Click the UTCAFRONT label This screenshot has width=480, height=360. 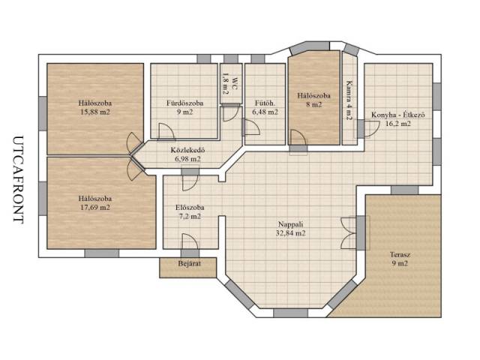(18, 180)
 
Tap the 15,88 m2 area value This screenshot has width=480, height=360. (95, 112)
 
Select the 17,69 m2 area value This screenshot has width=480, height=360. (95, 208)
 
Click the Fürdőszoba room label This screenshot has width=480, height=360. (185, 103)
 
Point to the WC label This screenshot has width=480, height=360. (235, 84)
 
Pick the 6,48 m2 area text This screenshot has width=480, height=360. (265, 112)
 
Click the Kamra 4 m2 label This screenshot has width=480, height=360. (349, 100)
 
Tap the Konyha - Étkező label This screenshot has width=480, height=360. (398, 115)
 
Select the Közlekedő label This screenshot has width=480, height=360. (187, 150)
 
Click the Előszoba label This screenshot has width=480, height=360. (190, 208)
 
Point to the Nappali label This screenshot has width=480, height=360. (290, 224)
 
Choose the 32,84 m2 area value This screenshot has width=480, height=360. (290, 233)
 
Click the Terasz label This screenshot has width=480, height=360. (400, 254)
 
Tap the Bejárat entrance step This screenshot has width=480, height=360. (188, 268)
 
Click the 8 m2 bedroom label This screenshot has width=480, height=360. (314, 104)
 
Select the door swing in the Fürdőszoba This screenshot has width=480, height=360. (166, 132)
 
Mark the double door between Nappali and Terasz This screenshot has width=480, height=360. (349, 233)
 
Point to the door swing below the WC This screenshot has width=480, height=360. (230, 113)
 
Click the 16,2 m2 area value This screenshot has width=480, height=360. (398, 124)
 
